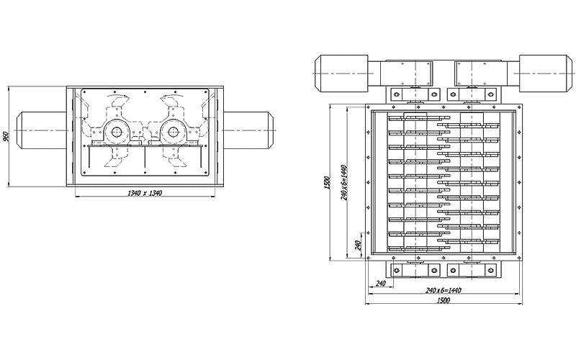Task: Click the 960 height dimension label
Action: (x=5, y=137)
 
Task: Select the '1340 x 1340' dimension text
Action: (x=145, y=193)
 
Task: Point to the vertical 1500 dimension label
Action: (x=328, y=183)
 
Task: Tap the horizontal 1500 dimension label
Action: (x=444, y=300)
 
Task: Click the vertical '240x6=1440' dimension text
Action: (x=344, y=182)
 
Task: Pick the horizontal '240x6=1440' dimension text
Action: (x=444, y=291)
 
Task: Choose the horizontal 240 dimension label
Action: (x=381, y=283)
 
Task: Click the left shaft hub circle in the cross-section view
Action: (x=116, y=131)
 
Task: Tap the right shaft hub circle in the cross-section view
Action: (x=173, y=131)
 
